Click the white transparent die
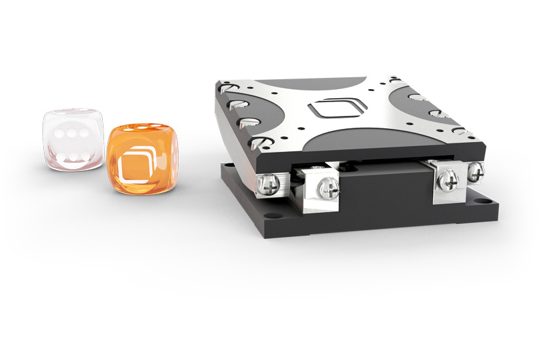pyautogui.click(x=72, y=139)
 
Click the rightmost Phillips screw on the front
pyautogui.click(x=475, y=171)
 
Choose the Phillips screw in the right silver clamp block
pyautogui.click(x=449, y=179)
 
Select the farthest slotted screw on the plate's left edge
pyautogui.click(x=227, y=87)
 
